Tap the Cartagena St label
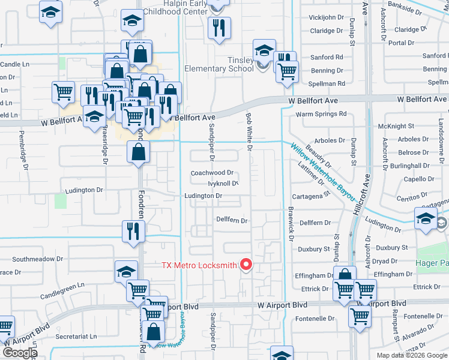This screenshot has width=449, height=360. tap(311, 196)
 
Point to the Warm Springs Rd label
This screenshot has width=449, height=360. tap(321, 113)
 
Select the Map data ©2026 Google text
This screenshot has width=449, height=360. tap(412, 355)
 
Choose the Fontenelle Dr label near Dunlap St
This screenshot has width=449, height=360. tap(312, 319)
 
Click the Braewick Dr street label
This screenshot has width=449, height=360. tap(291, 225)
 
